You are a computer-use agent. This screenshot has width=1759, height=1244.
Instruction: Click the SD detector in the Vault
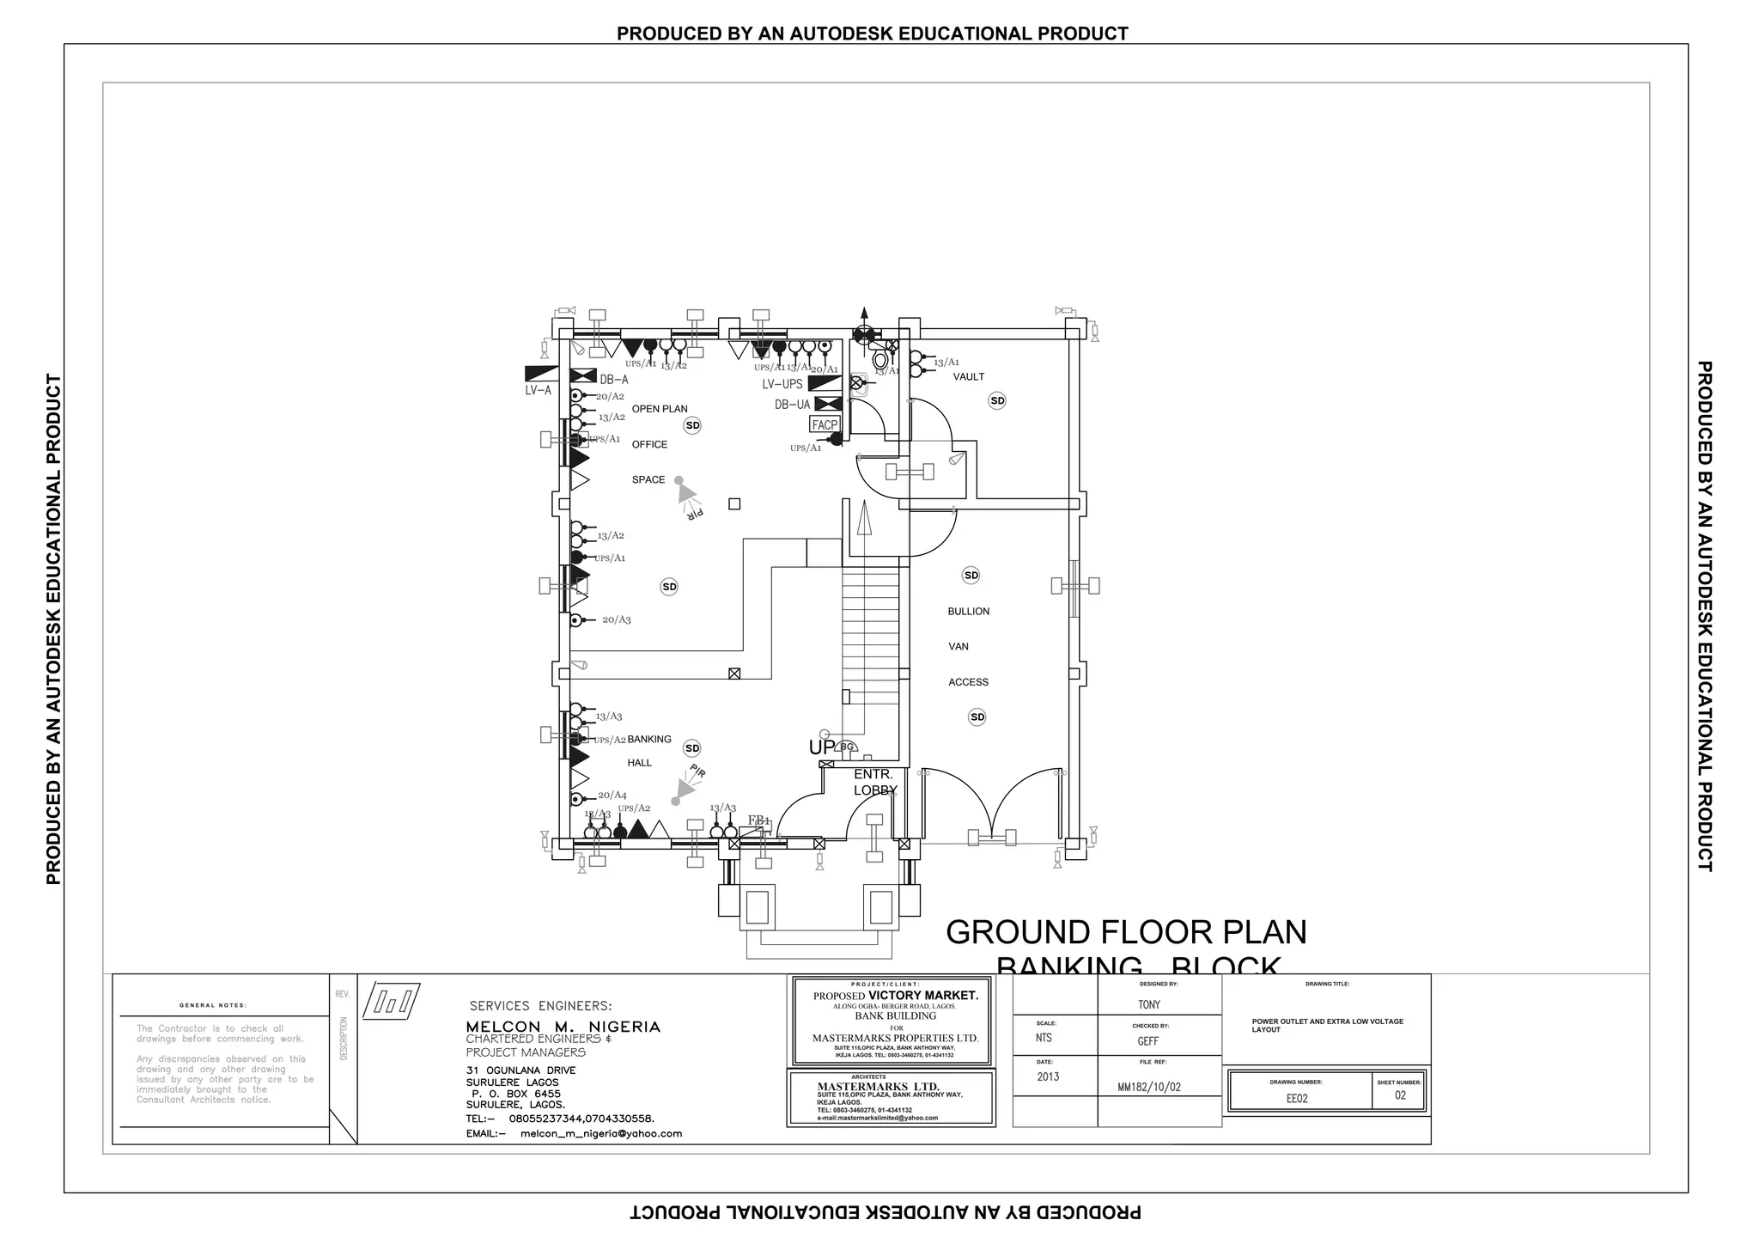[x=996, y=400]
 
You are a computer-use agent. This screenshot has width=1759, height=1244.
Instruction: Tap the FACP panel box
[x=825, y=424]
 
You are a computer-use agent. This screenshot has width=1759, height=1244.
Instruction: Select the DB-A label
[x=614, y=380]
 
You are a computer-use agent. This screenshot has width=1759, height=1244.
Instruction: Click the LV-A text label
[x=539, y=391]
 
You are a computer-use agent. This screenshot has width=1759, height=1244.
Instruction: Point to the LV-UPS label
[x=782, y=384]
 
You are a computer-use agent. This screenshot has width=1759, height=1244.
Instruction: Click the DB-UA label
[x=792, y=405]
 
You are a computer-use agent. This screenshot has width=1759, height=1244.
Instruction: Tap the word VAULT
[x=968, y=377]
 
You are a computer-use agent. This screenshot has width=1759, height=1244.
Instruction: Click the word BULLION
[x=968, y=612]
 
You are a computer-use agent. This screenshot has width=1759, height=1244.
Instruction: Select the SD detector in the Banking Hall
[x=691, y=748]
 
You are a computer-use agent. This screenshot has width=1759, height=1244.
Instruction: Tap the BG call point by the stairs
[x=846, y=747]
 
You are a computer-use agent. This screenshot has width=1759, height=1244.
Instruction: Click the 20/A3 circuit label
[x=616, y=619]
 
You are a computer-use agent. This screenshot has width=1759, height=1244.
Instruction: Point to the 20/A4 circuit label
[x=612, y=796]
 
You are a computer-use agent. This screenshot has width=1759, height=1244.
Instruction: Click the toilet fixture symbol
[x=880, y=359]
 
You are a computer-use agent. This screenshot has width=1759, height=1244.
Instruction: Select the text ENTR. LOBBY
[x=874, y=783]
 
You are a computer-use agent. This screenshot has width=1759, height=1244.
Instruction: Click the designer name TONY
[x=1148, y=1004]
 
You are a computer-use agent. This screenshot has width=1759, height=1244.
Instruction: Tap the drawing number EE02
[x=1296, y=1098]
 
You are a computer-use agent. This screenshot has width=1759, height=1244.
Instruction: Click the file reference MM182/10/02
[x=1148, y=1087]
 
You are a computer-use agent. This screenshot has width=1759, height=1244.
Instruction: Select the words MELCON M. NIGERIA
[x=563, y=1027]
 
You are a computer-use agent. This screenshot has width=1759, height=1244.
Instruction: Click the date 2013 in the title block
[x=1048, y=1076]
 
